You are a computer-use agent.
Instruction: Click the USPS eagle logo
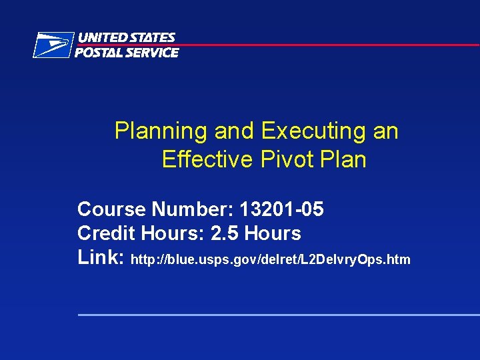point(53,45)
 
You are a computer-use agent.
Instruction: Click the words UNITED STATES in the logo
point(127,38)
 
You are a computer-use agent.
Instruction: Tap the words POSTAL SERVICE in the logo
point(127,53)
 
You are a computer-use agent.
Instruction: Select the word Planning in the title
point(161,131)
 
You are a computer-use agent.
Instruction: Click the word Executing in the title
point(314,131)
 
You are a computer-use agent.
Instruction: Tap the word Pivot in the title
point(283,160)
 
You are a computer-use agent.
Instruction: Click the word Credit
point(106,233)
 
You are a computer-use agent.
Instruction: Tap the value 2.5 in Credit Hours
point(225,233)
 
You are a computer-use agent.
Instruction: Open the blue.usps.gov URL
point(271,259)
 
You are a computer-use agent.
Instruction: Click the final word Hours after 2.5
point(273,233)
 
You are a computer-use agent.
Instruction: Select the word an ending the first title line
point(385,131)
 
